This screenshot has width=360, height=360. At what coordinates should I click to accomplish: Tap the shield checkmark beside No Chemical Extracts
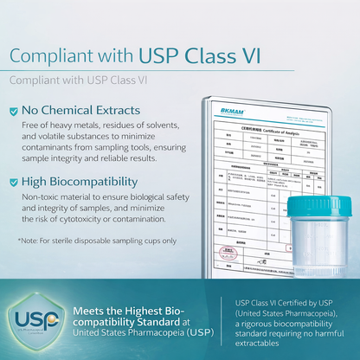(x=13, y=111)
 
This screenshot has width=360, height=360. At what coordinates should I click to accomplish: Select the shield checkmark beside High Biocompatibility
(x=13, y=183)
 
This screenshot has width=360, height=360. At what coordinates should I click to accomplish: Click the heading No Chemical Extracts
(x=82, y=111)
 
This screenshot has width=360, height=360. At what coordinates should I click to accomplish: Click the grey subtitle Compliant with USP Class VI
(x=78, y=80)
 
